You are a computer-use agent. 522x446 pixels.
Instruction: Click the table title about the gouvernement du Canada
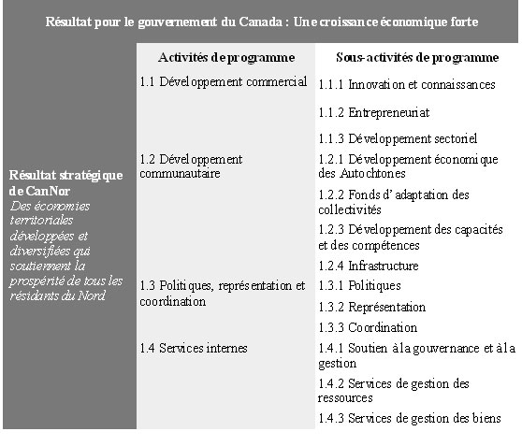pos(261,21)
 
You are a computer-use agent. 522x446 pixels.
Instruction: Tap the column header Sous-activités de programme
pos(416,58)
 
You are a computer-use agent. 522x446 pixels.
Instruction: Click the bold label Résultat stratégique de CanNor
pos(65,183)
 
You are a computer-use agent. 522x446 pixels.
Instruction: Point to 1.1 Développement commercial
pos(224,82)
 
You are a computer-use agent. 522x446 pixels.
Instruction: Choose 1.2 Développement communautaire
pos(190,166)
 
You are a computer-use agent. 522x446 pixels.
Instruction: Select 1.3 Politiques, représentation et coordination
pos(223,294)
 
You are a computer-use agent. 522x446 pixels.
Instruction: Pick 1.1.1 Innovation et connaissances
pos(406,85)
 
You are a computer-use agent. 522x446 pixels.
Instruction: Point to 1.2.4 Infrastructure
pos(368,266)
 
